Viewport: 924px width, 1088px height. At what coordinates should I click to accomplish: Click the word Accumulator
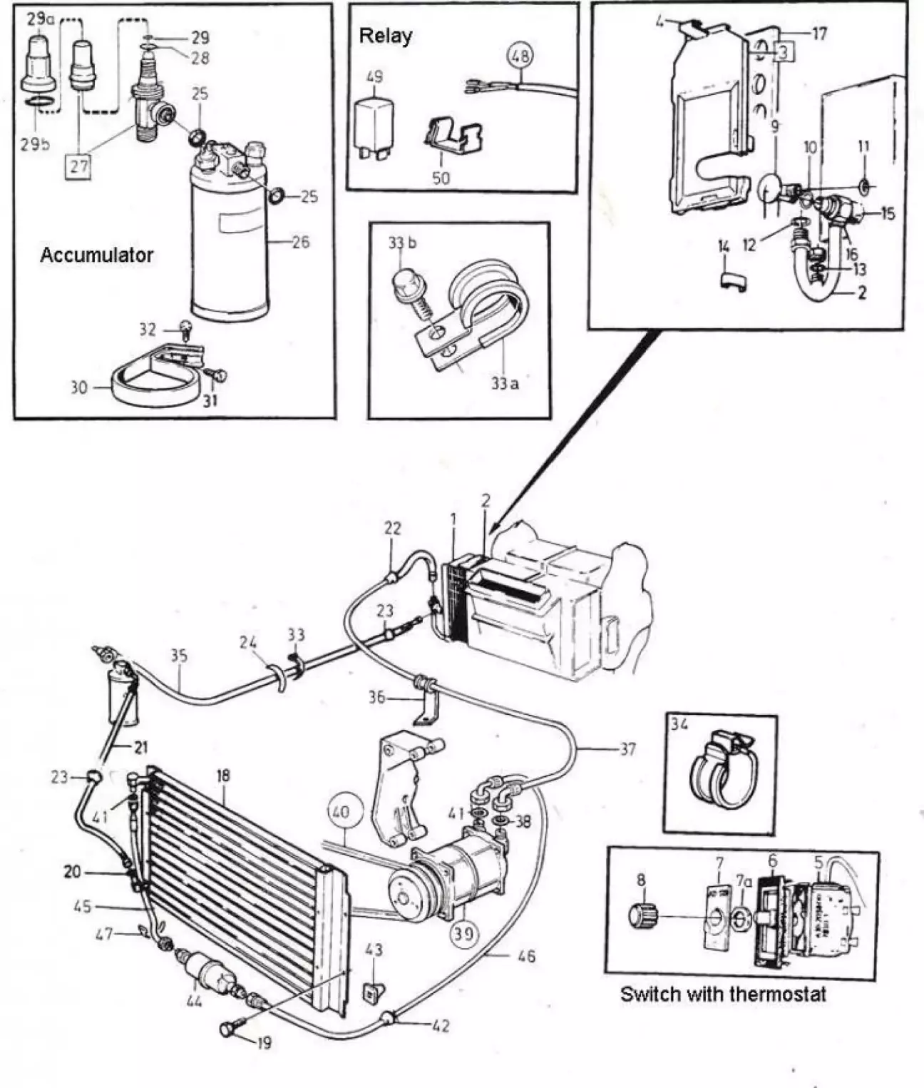(x=96, y=255)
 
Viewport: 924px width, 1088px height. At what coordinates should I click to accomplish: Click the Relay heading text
(x=385, y=36)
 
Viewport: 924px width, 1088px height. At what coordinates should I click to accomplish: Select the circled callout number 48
(x=521, y=56)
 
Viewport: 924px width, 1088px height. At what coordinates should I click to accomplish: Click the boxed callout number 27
(x=78, y=166)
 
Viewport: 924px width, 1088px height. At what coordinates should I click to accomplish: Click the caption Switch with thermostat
(x=722, y=994)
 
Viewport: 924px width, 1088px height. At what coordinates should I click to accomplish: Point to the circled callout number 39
(x=463, y=932)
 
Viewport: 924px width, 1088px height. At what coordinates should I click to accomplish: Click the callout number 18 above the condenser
(x=223, y=776)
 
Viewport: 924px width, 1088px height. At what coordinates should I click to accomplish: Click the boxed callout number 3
(x=782, y=52)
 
